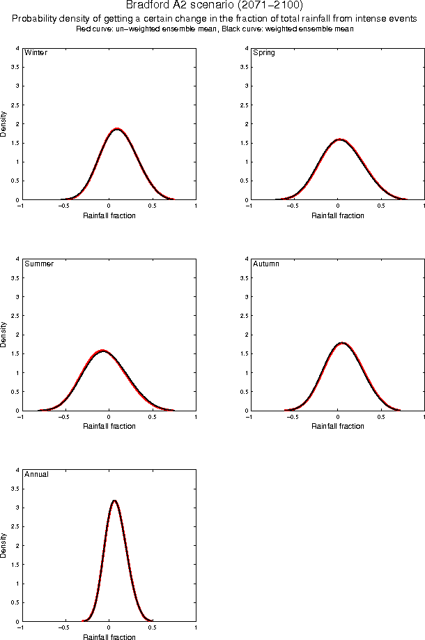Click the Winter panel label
click(36, 53)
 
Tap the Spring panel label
click(263, 53)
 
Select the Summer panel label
click(39, 264)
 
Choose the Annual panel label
click(37, 475)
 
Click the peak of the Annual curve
click(114, 500)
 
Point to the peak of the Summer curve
click(103, 351)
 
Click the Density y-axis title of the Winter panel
click(4, 123)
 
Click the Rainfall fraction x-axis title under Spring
click(337, 215)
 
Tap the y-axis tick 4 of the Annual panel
click(17, 470)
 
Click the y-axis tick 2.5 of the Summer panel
click(15, 316)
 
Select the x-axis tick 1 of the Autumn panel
click(424, 417)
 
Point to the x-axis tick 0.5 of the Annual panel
click(153, 627)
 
